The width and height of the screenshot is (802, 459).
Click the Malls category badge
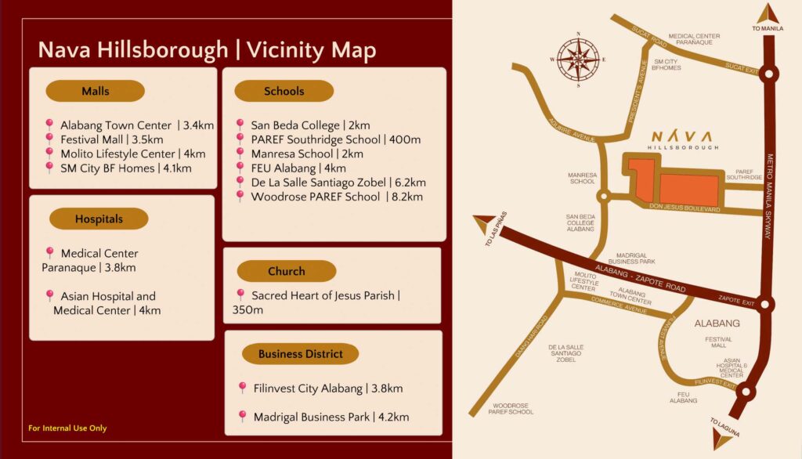(95, 91)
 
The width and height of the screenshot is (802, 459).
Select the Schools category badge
(284, 91)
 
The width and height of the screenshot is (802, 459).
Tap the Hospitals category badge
(99, 219)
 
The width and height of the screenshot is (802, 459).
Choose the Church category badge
(286, 271)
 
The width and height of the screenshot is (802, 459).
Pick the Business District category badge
(300, 354)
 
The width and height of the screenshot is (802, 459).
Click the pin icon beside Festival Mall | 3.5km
(49, 139)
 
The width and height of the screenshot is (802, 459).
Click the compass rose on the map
(579, 59)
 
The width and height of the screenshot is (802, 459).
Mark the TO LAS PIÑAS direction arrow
(484, 227)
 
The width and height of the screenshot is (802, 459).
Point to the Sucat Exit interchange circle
(770, 75)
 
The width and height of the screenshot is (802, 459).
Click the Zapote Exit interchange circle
(766, 305)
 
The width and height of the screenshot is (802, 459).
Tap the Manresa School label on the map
(582, 178)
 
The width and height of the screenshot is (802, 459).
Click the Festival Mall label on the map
(719, 342)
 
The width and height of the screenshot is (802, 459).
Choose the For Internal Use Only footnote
(67, 428)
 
